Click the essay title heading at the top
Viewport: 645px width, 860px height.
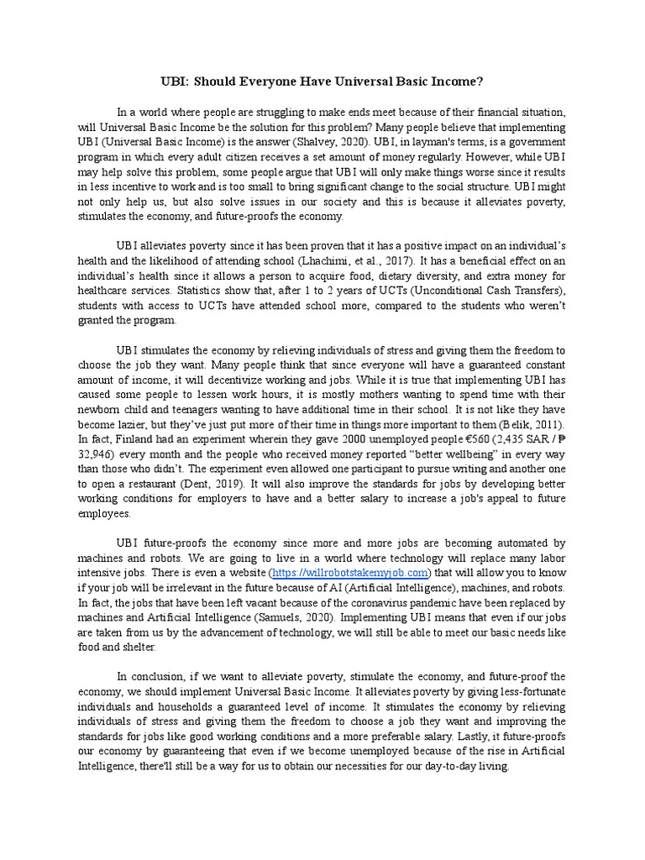322,82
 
